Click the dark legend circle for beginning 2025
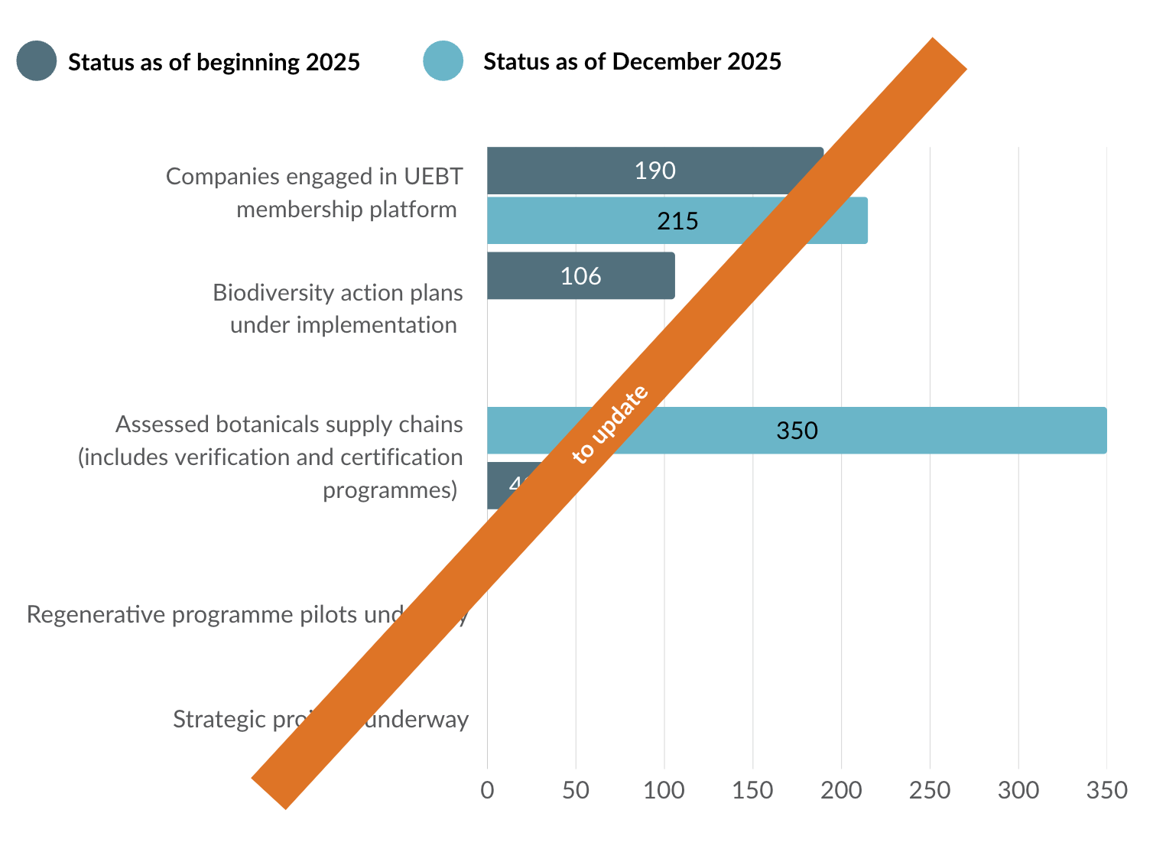(37, 61)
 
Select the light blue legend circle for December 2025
(443, 61)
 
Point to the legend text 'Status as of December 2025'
(632, 61)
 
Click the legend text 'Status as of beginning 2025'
(214, 62)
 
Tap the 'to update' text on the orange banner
(610, 424)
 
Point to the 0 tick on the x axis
(487, 789)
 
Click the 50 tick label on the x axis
(576, 789)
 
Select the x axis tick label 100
(664, 789)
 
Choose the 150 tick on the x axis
(752, 789)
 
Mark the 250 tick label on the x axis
(930, 789)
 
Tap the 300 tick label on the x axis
(1018, 789)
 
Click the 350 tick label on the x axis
(1106, 789)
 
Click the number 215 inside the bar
(677, 221)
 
